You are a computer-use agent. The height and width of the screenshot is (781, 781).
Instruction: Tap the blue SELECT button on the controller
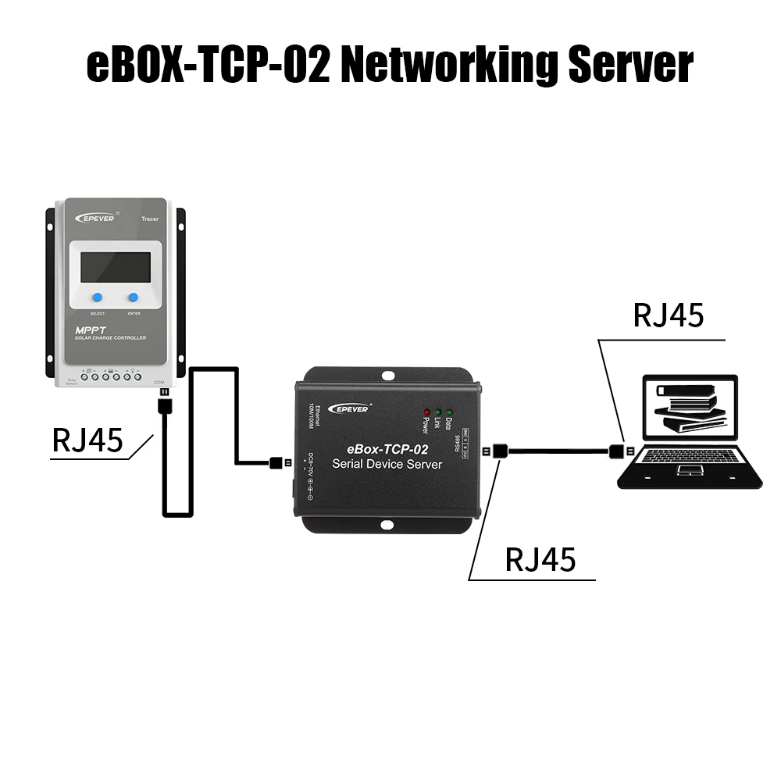[x=98, y=298]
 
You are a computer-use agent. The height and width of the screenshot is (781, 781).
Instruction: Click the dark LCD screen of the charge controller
[x=116, y=267]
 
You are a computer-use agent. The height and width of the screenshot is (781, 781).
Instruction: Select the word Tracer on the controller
[x=150, y=219]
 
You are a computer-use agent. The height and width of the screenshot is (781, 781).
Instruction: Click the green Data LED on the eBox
[x=450, y=411]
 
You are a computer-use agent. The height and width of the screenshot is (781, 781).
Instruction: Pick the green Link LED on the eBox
[x=438, y=411]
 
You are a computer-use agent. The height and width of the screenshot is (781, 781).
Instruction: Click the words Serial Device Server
[x=387, y=464]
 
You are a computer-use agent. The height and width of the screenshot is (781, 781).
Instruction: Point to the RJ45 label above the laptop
[x=668, y=315]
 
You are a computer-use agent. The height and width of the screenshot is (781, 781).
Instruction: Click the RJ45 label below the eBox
[x=540, y=559]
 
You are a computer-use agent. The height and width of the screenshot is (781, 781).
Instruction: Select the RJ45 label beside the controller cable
[x=87, y=440]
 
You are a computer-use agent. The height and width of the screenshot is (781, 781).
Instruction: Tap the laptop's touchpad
[x=690, y=470]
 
